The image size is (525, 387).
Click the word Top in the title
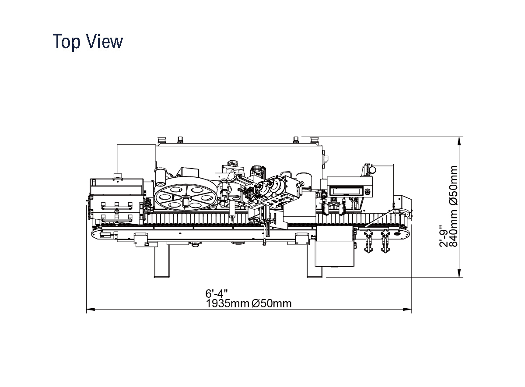click(x=66, y=42)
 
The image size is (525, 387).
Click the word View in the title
click(x=105, y=41)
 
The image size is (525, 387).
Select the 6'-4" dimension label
click(x=217, y=293)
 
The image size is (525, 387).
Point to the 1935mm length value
click(x=227, y=303)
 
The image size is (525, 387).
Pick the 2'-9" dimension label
click(x=444, y=236)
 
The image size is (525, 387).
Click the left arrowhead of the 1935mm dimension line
click(x=91, y=309)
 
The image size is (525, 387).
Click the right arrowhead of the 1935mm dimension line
click(x=407, y=309)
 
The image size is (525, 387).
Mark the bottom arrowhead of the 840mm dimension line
click(x=459, y=273)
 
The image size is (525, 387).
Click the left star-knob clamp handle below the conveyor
click(x=368, y=242)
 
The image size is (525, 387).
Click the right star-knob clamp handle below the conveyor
click(x=385, y=242)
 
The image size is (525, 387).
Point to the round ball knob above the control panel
click(x=372, y=169)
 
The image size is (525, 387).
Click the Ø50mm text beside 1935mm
click(x=272, y=303)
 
